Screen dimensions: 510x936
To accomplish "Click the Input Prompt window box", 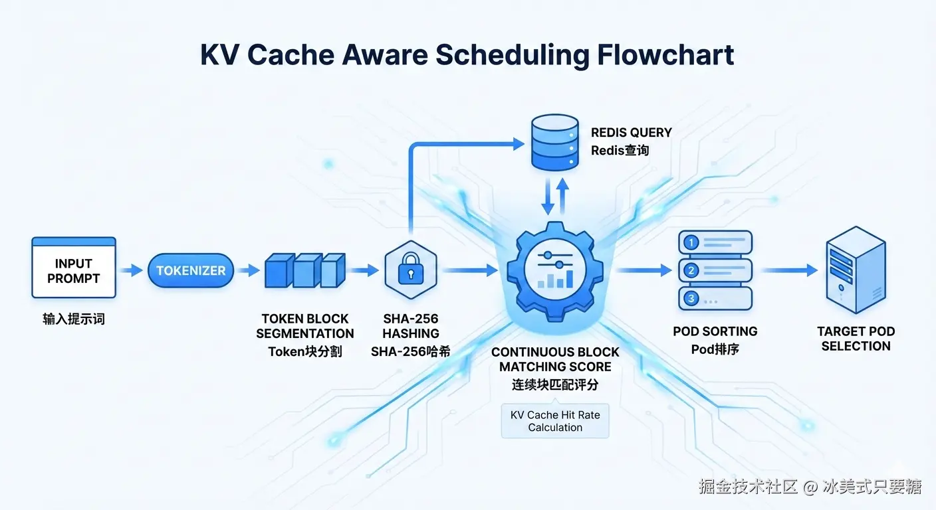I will pyautogui.click(x=74, y=268).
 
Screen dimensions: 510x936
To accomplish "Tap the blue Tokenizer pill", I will pyautogui.click(x=191, y=270).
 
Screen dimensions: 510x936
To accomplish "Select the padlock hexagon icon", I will pyautogui.click(x=410, y=270).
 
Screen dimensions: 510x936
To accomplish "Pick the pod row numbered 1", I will pyautogui.click(x=715, y=243).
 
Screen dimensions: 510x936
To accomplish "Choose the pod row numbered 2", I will pyautogui.click(x=715, y=270).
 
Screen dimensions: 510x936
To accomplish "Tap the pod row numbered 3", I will pyautogui.click(x=715, y=299).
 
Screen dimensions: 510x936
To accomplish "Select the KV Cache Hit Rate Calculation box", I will pyautogui.click(x=555, y=421).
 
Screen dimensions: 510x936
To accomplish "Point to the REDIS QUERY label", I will pyautogui.click(x=631, y=132).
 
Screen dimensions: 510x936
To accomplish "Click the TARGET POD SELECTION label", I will pyautogui.click(x=856, y=339).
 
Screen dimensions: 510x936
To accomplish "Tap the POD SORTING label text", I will pyautogui.click(x=715, y=331).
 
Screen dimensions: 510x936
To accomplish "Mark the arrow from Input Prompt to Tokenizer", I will pyautogui.click(x=132, y=270).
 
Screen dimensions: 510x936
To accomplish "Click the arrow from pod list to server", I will pyautogui.click(x=788, y=270).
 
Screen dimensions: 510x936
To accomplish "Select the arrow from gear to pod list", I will pyautogui.click(x=643, y=270).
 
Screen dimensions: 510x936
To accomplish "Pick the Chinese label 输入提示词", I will pyautogui.click(x=74, y=319).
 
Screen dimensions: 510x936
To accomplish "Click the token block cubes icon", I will pyautogui.click(x=304, y=270).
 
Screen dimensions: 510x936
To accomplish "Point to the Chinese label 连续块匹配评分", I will pyautogui.click(x=555, y=384).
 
